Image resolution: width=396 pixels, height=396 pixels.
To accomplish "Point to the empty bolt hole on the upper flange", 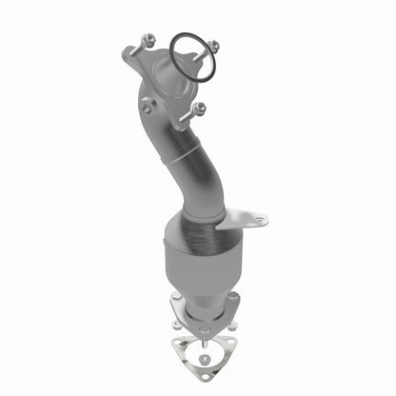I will pos(146,108).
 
